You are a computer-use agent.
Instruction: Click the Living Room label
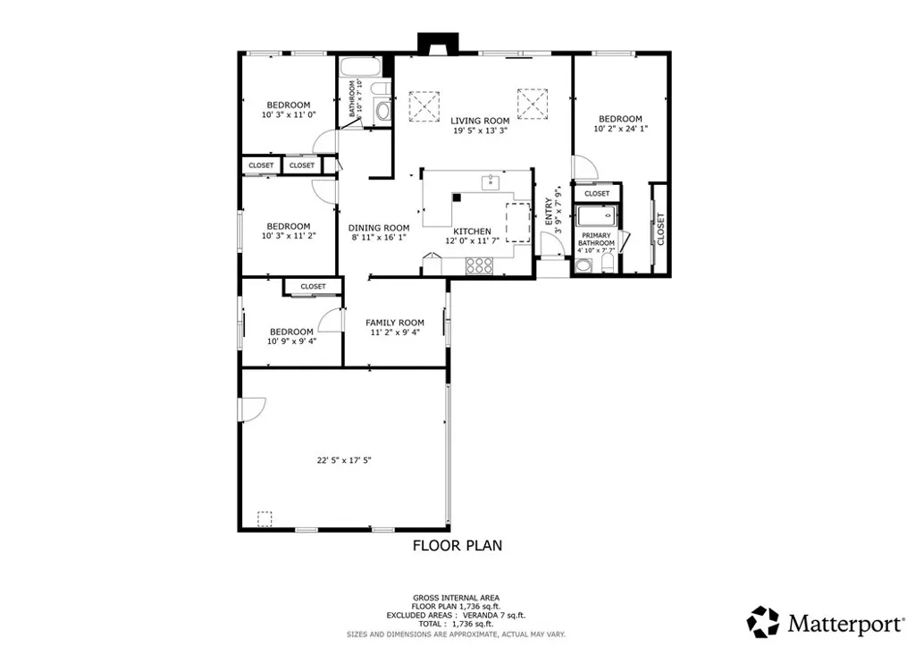coord(480,121)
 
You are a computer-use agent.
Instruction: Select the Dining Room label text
coord(378,228)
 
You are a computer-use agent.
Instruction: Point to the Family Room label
coord(395,323)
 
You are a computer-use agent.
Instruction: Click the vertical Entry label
coord(549,211)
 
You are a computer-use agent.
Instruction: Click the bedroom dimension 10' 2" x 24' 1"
coord(620,129)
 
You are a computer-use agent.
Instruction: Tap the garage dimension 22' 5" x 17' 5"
coord(343,461)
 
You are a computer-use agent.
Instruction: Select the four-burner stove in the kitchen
coord(480,265)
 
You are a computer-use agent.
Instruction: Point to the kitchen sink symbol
coord(490,183)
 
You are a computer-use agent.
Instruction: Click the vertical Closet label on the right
coord(660,228)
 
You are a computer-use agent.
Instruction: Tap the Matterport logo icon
coord(763,621)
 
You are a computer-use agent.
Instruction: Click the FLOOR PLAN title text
coord(457,545)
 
